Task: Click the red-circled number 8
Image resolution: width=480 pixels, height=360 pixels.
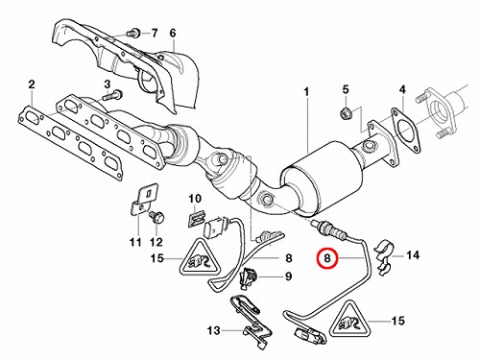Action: coord(327,258)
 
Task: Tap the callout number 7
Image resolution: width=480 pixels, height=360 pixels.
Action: coord(155,33)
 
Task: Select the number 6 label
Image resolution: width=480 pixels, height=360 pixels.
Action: coord(173,33)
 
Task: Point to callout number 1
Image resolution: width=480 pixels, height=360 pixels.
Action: coord(306,92)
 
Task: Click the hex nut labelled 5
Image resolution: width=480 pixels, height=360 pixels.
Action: coord(346,113)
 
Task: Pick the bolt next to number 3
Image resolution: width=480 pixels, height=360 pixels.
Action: coord(113,95)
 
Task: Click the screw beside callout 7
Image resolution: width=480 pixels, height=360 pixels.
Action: coord(133,33)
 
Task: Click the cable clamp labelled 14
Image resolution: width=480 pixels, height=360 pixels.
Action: coord(384,256)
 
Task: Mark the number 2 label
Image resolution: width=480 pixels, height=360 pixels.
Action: coord(32,84)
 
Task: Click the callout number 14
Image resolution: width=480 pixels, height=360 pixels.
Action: coord(413,255)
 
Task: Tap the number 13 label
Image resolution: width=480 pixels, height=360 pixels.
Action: coord(213,330)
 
